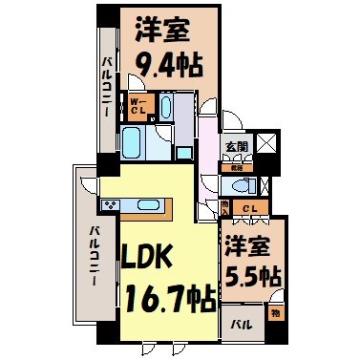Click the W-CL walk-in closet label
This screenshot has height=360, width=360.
click(x=138, y=106)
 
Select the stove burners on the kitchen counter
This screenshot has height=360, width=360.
click(x=107, y=205)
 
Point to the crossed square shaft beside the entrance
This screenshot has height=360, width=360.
click(x=266, y=145)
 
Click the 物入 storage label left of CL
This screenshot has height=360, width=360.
click(x=225, y=206)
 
